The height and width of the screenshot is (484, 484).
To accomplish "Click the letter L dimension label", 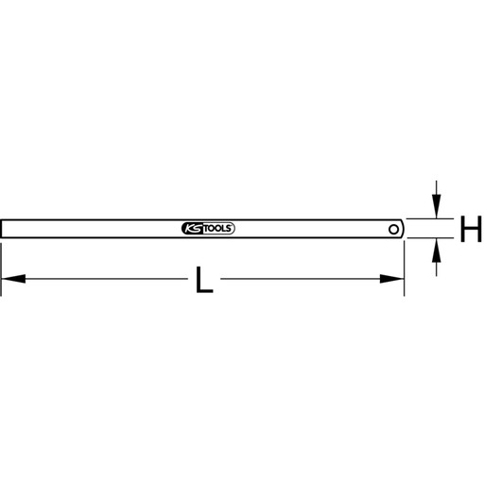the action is click(x=204, y=280).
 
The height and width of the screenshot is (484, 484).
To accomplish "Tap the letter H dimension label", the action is click(x=471, y=229).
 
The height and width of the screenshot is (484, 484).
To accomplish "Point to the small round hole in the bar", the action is click(x=393, y=229).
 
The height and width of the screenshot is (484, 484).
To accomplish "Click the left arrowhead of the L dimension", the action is click(x=13, y=279).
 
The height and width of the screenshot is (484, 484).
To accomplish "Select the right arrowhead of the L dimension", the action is click(x=391, y=279).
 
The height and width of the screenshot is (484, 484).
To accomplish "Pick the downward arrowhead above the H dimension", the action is click(x=436, y=206).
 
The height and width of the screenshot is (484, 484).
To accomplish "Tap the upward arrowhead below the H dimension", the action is click(x=436, y=251).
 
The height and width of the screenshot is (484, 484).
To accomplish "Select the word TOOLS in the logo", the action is click(x=216, y=229).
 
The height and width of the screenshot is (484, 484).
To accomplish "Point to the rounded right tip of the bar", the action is click(x=403, y=229).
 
